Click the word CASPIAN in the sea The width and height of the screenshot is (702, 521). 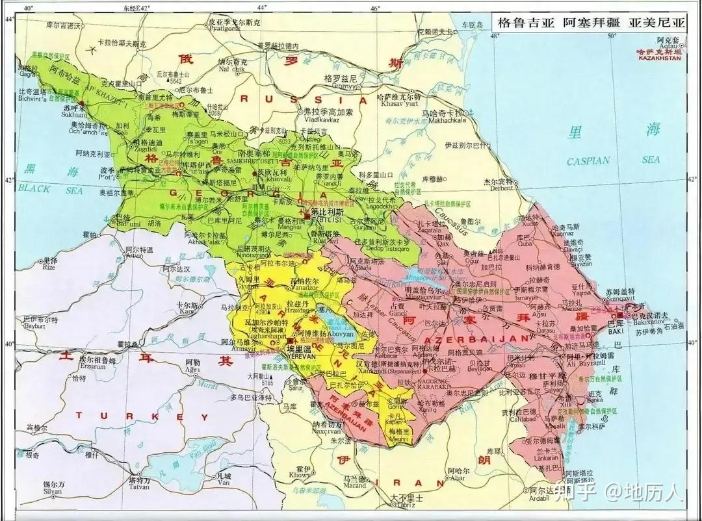(588, 160)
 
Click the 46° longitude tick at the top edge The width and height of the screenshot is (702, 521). (376, 8)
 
